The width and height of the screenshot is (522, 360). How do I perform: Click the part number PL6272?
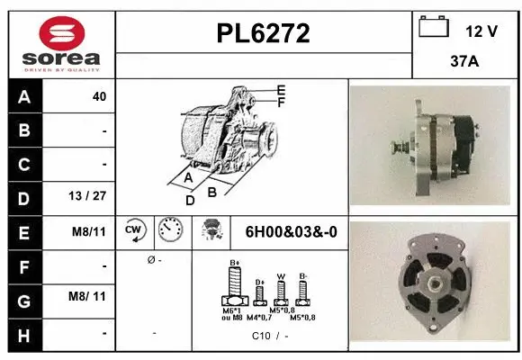[x=264, y=33]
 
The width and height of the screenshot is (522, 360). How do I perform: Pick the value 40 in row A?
[x=99, y=96]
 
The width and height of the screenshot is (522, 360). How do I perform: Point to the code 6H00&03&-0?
[x=291, y=231]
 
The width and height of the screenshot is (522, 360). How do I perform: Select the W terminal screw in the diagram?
[x=281, y=291]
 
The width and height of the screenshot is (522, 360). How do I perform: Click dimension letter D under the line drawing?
[x=190, y=200]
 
